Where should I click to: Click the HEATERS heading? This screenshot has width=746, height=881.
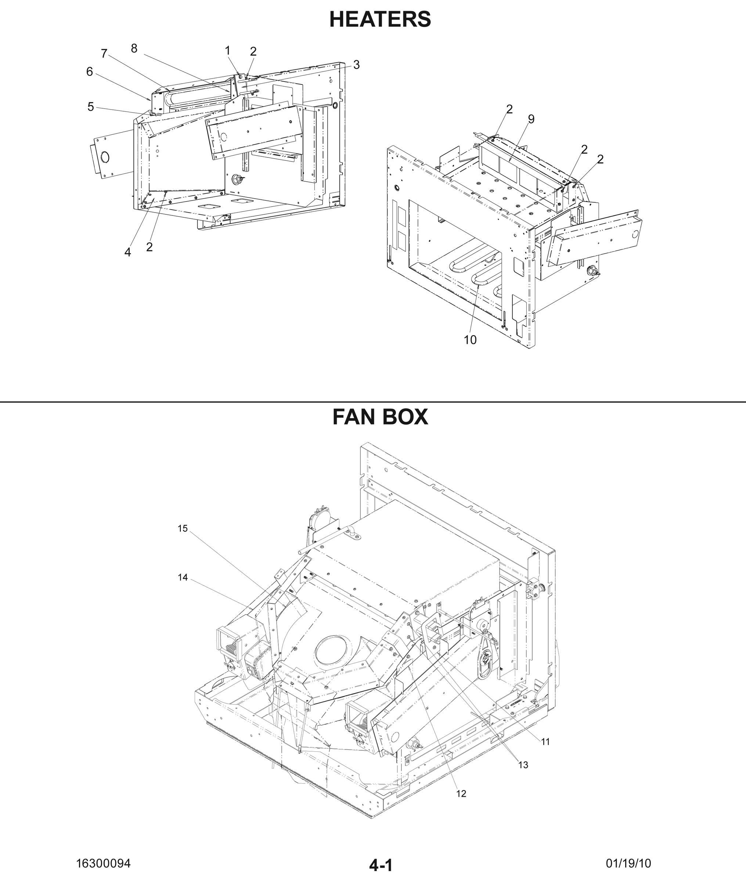pos(380,19)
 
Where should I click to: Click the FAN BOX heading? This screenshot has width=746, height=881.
pos(380,417)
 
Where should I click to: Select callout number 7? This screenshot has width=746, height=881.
pos(104,54)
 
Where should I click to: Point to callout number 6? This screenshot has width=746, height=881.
pos(90,72)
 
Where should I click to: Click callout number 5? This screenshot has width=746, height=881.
pos(90,107)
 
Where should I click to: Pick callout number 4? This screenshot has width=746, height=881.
pos(128,252)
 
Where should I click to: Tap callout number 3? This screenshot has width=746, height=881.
pos(357,65)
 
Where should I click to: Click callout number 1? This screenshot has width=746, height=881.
pos(227,51)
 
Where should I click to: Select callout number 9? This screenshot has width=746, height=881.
pos(531,120)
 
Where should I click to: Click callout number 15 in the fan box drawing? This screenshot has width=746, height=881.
pos(182,529)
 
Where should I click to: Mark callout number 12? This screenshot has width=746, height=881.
pos(461,794)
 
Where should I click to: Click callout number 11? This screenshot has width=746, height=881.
pos(545,742)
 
